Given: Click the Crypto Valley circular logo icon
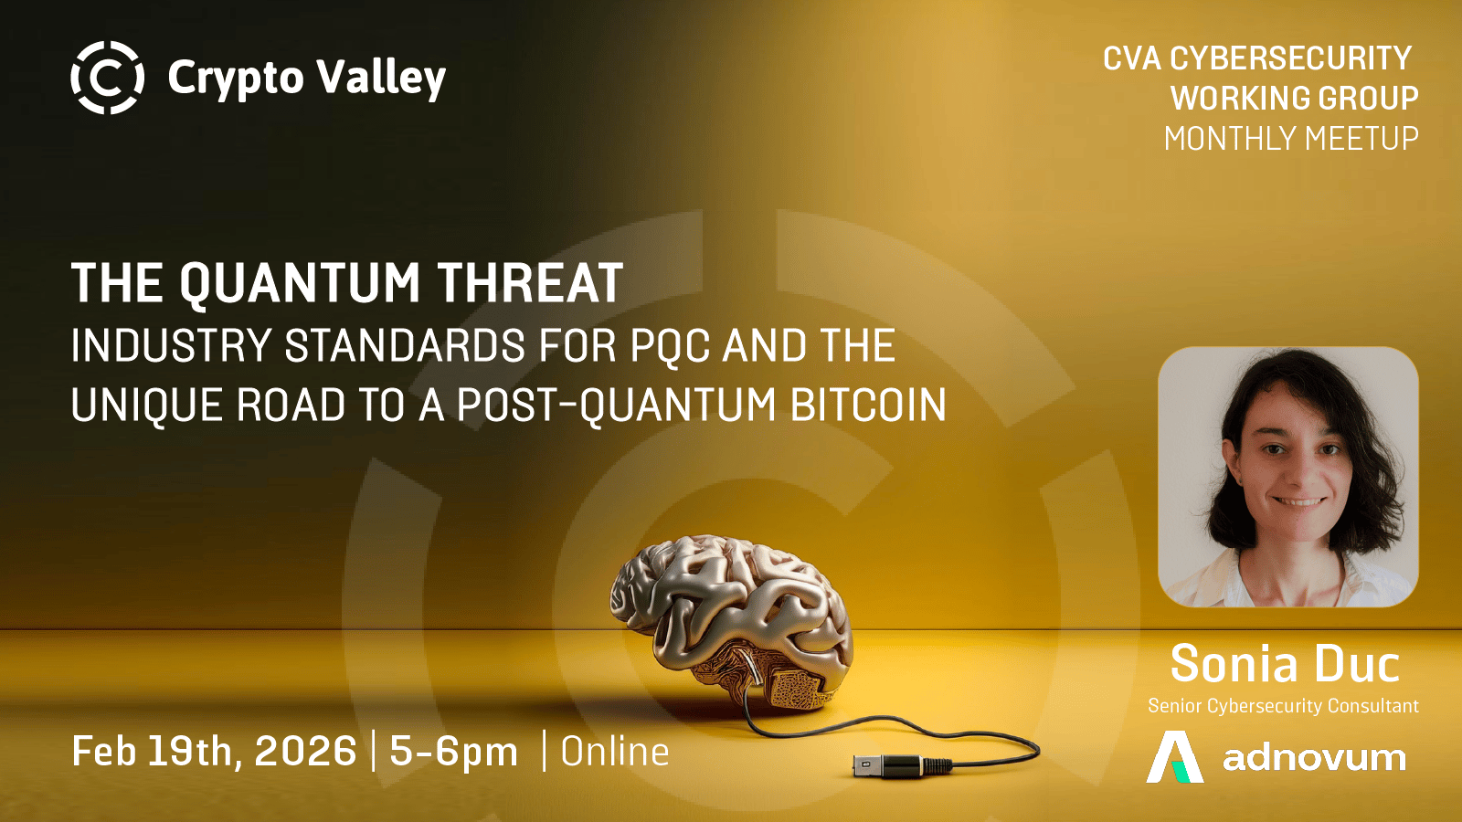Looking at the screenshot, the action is point(107,78).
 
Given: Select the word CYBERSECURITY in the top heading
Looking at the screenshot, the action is point(1291,58).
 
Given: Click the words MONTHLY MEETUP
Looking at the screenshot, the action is point(1291,138).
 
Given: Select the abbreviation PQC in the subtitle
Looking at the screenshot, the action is point(671,346).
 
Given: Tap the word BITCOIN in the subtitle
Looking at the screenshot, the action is point(869,406).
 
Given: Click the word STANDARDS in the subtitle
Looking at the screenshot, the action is point(405,345).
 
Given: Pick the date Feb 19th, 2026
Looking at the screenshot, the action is point(214,752).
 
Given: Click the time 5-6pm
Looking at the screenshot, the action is point(453,752).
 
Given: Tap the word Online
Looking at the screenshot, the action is point(615,752).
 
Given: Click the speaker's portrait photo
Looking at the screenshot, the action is point(1288,477).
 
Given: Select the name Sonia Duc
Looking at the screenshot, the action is point(1285,664).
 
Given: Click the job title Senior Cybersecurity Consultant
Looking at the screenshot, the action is point(1283,706).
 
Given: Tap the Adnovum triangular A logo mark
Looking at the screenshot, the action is point(1175,757).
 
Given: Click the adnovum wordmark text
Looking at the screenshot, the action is point(1315,758).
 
